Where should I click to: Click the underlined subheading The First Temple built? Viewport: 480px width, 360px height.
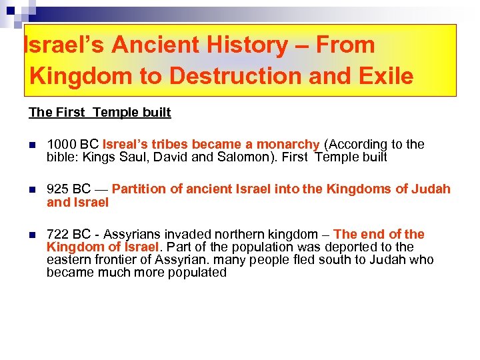[100, 112]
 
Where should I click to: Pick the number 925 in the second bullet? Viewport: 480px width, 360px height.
[57, 189]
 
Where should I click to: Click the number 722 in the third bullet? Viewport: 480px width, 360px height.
[57, 235]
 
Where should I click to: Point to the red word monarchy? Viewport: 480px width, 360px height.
[289, 145]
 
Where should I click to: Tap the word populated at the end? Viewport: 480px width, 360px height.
[196, 273]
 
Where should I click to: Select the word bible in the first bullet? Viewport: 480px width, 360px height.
[61, 157]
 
